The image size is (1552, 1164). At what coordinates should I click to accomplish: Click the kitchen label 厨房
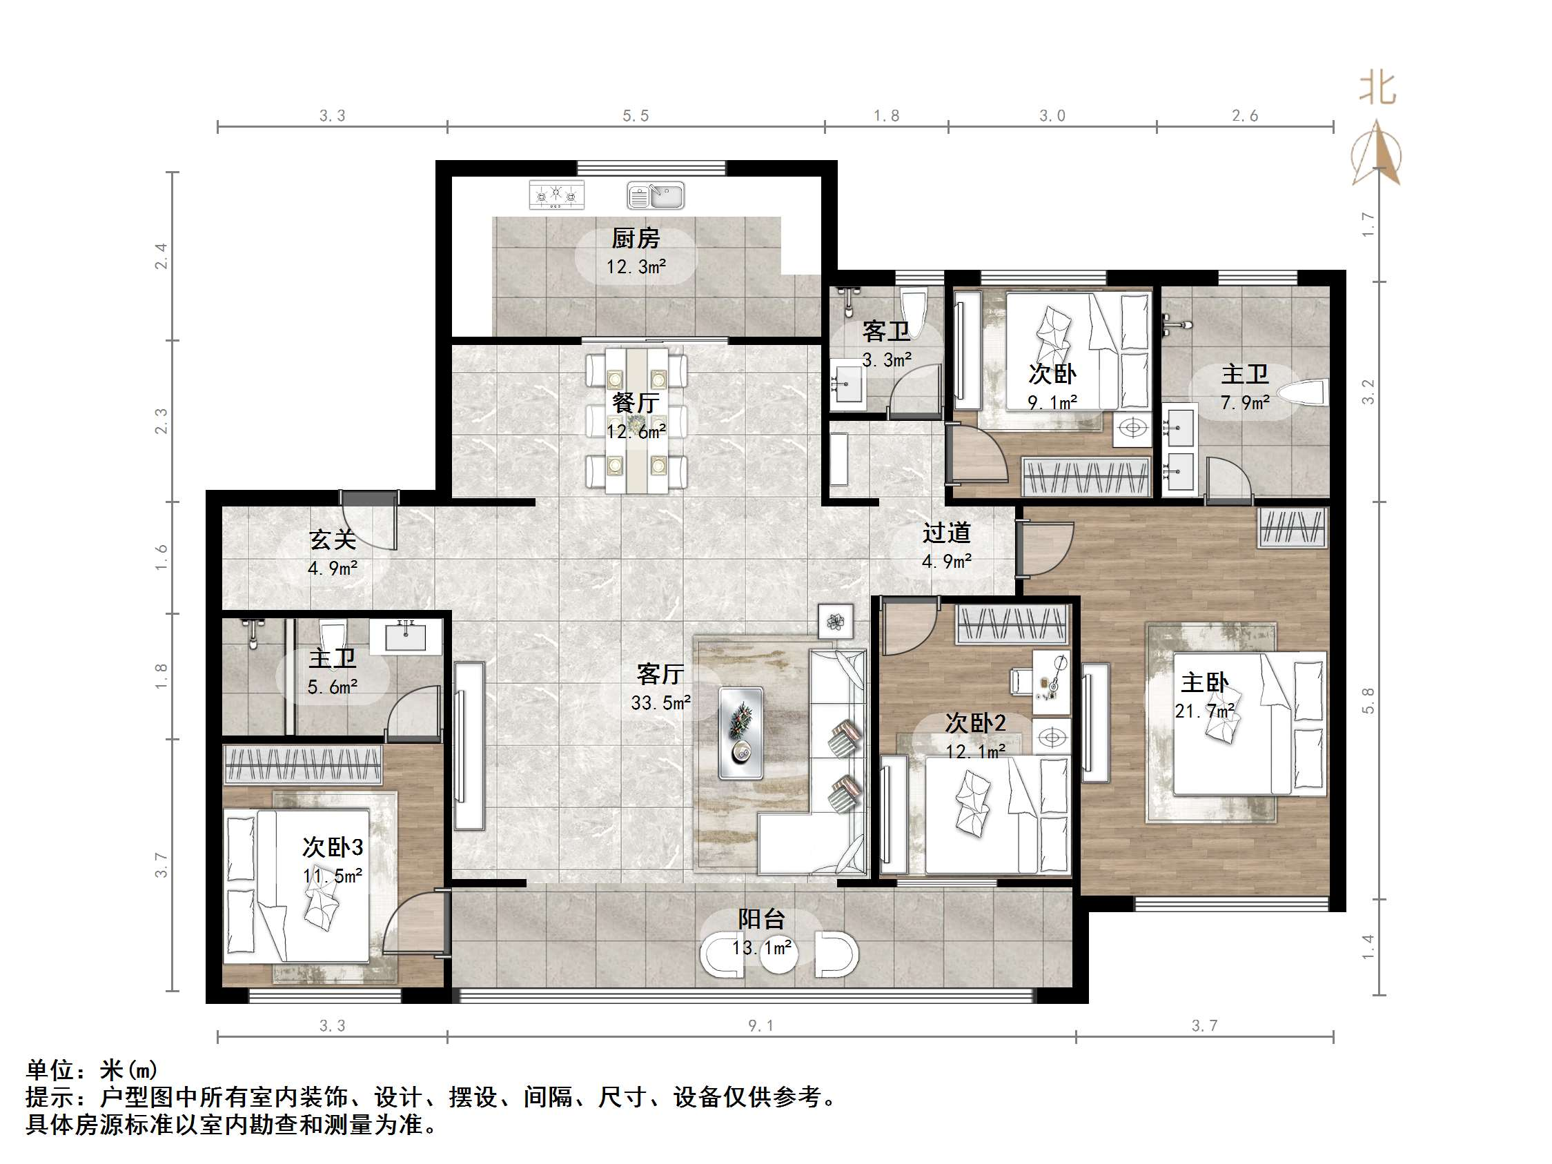coord(635,239)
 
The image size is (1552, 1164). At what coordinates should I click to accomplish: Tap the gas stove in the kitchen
coord(556,195)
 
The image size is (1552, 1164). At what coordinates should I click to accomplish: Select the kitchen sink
coord(656,196)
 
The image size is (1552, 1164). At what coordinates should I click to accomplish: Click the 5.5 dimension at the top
coord(636,116)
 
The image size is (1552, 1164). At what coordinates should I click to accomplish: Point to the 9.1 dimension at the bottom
coord(761,1026)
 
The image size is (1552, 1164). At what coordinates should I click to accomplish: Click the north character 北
coord(1377,90)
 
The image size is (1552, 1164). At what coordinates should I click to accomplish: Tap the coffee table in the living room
coord(741,733)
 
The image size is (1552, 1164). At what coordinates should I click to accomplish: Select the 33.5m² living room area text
coord(661,702)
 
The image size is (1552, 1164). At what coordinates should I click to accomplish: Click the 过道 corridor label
coord(946,533)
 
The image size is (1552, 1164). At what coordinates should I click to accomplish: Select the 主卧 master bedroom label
coord(1204,682)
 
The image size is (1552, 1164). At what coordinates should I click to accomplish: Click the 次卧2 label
coord(975,722)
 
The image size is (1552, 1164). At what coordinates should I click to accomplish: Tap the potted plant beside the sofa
coord(835,621)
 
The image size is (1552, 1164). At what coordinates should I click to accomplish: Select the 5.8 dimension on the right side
coord(1368,700)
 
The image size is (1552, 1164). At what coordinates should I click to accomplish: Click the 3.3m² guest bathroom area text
coord(887,360)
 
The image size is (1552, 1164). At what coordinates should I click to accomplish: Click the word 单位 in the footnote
coord(50,1070)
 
